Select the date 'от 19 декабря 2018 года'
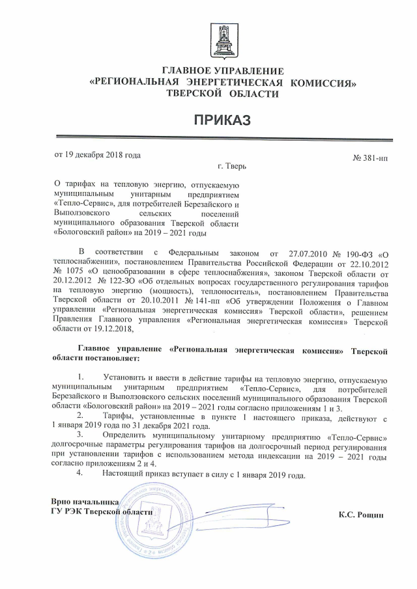point(96,155)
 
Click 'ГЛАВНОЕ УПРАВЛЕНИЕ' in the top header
point(223,70)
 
